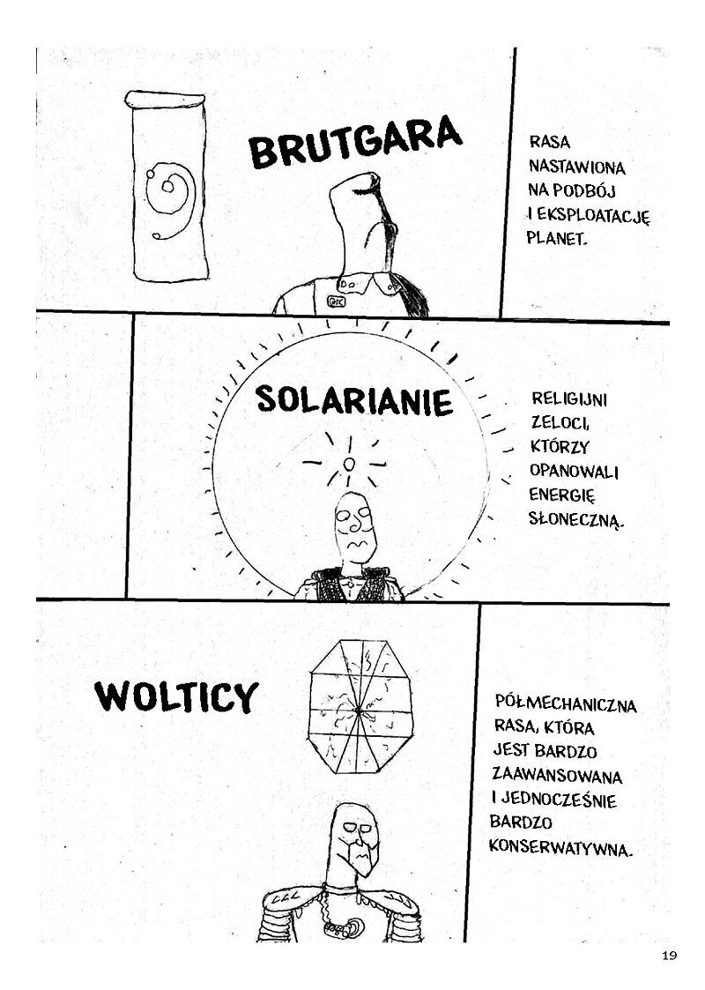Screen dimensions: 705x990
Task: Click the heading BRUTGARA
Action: click(x=355, y=141)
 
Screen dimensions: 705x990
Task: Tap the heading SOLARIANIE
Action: click(x=354, y=400)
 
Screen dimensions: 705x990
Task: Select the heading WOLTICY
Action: click(x=177, y=696)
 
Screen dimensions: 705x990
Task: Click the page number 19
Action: click(x=670, y=955)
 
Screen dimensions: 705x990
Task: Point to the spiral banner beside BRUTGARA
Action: click(x=167, y=186)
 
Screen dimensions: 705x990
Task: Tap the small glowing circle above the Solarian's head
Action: click(x=349, y=465)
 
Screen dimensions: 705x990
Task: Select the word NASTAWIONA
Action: click(x=577, y=167)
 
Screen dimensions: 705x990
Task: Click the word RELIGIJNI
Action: click(x=568, y=399)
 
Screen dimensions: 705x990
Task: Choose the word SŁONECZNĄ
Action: click(x=575, y=519)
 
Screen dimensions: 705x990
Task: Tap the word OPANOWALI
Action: click(x=574, y=471)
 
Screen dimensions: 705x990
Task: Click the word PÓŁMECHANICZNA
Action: click(x=566, y=703)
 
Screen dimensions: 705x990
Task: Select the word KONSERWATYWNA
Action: click(x=560, y=847)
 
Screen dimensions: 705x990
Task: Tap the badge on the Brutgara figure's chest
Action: click(x=336, y=301)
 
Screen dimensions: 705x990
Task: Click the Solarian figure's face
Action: click(x=355, y=526)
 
